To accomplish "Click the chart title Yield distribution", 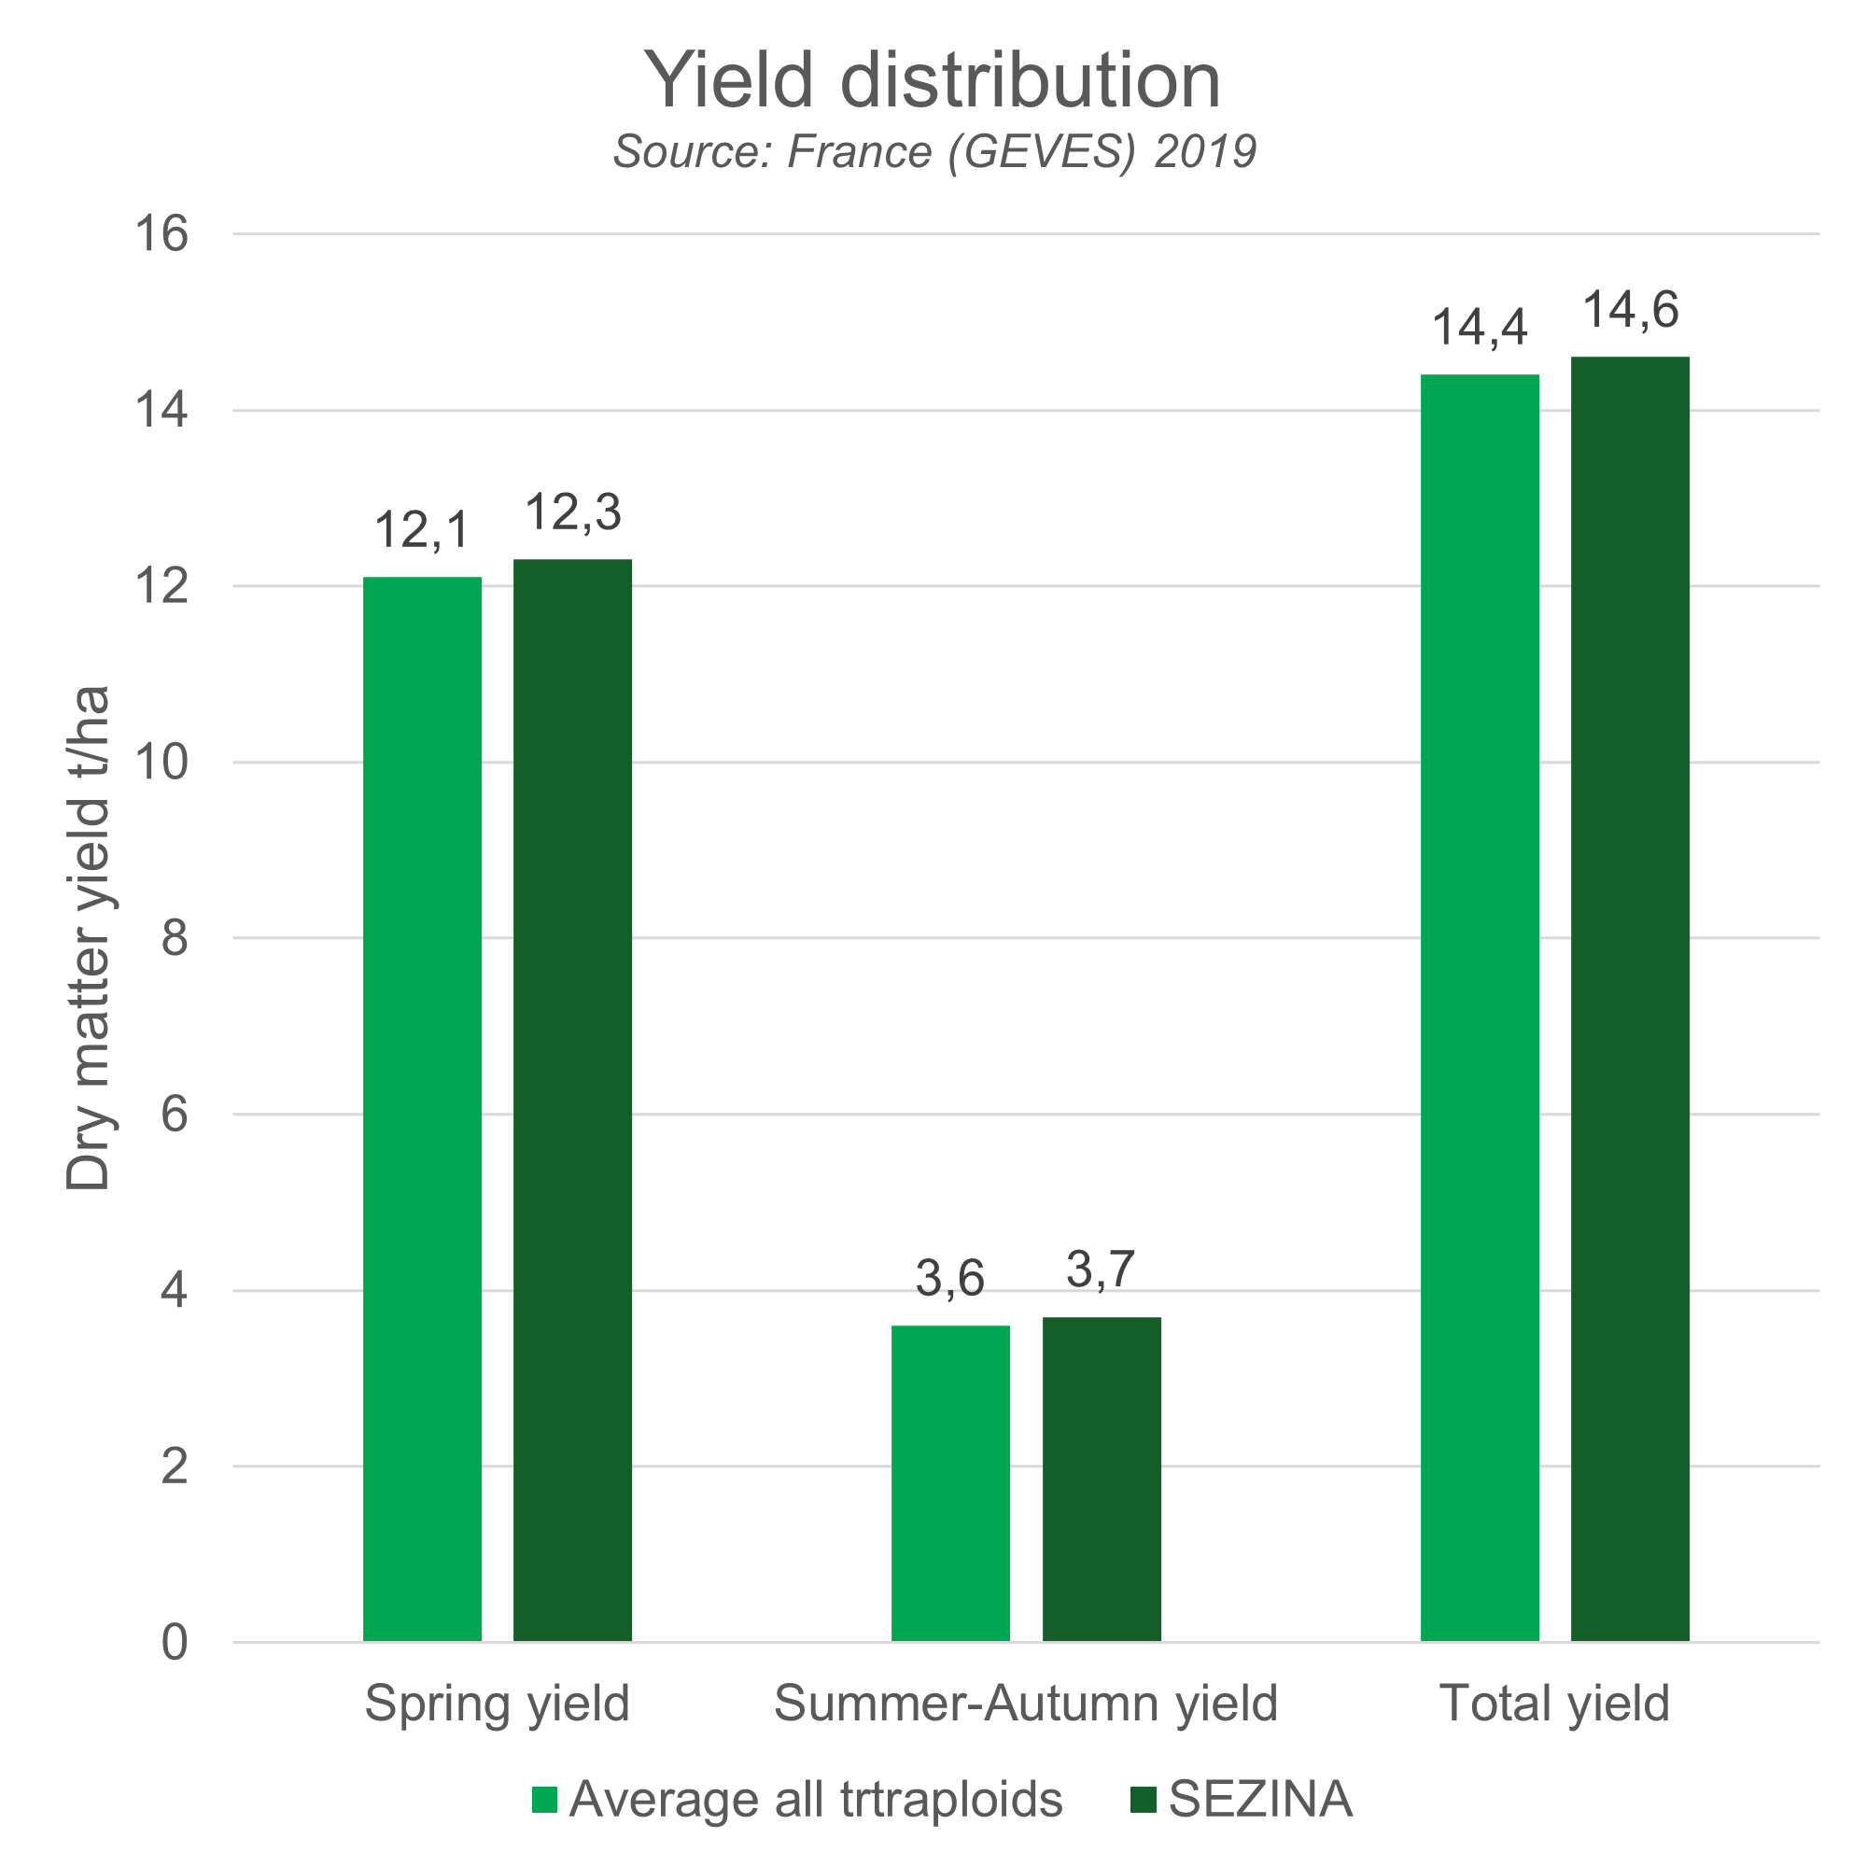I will click(933, 80).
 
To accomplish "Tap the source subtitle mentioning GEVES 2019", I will click(934, 152).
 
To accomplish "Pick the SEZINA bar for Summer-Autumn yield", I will click(1102, 1480).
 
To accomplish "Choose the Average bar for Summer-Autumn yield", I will click(951, 1483).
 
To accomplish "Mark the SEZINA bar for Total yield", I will click(1630, 999).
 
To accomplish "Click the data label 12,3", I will click(573, 512).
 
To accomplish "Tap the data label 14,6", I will click(1630, 310).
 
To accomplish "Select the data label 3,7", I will click(1100, 1269).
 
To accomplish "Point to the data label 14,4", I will click(1480, 328).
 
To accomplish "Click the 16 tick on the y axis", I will click(161, 234).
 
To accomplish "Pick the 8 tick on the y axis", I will click(174, 938).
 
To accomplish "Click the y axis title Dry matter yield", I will click(89, 938).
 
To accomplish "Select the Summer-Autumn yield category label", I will click(1025, 1703).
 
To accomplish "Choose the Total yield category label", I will click(1554, 1703).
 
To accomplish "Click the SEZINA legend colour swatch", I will click(1144, 1800).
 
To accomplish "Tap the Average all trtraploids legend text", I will click(816, 1800).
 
